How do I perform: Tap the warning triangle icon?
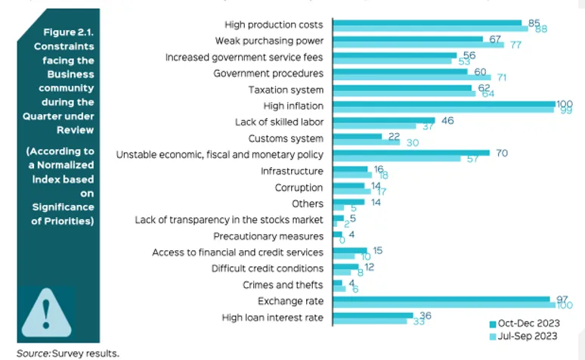tap(47, 312)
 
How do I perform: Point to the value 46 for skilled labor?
tap(447, 120)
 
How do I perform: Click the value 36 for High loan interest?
tap(424, 315)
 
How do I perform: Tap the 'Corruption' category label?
tap(299, 188)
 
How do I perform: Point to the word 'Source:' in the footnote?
tap(33, 352)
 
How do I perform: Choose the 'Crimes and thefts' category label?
tap(283, 284)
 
